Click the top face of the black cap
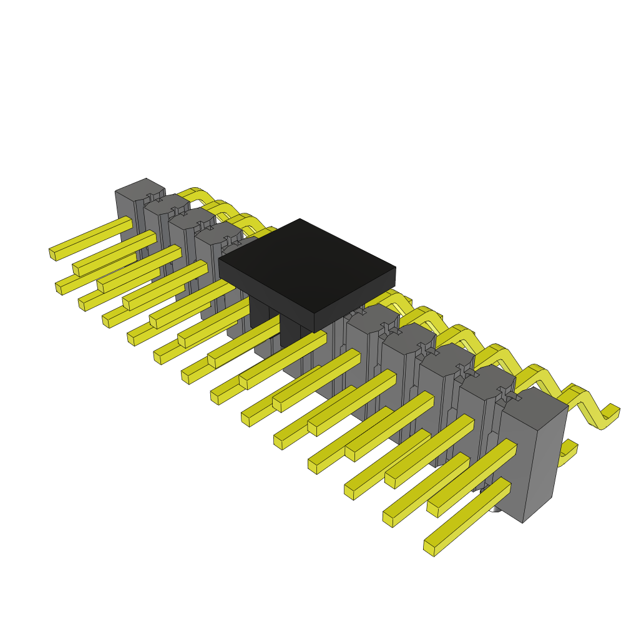(x=306, y=262)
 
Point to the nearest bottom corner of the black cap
(x=314, y=329)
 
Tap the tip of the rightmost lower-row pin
(x=429, y=548)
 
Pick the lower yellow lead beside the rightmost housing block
(x=567, y=452)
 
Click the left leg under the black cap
(x=258, y=312)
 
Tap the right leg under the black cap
(x=290, y=331)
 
